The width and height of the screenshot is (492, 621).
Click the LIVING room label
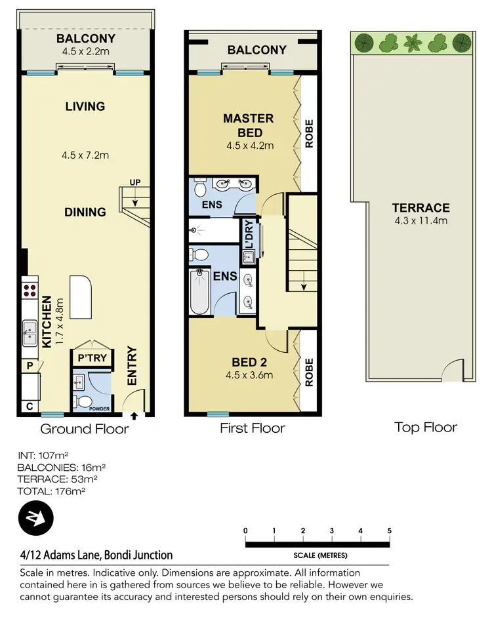[x=85, y=106]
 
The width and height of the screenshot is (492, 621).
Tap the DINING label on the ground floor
[x=85, y=212]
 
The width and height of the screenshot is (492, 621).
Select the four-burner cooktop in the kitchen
[x=30, y=290]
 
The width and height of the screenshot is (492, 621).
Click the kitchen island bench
[x=81, y=297]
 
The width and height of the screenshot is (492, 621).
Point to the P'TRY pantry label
[x=92, y=358]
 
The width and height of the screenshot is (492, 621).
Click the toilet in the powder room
[x=83, y=401]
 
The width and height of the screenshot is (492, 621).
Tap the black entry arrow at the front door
[x=134, y=416]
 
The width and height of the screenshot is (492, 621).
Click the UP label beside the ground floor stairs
[x=135, y=182]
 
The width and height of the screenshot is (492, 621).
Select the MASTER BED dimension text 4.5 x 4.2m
[x=250, y=146]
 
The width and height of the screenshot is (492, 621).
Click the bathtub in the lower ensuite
[x=199, y=292]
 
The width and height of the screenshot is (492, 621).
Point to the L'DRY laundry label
[x=249, y=235]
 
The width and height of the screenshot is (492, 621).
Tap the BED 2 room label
[x=249, y=362]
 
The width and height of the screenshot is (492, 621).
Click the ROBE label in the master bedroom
[x=309, y=134]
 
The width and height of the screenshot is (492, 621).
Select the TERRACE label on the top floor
[x=420, y=208]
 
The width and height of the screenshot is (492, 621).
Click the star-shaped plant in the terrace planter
[x=413, y=43]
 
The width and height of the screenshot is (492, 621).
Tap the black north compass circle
[x=35, y=518]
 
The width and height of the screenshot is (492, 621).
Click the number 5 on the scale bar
[x=390, y=531]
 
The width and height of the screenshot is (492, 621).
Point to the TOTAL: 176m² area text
[x=52, y=491]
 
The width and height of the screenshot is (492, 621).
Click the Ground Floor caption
[x=85, y=429]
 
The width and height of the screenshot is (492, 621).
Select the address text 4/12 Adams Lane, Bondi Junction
[x=96, y=555]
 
